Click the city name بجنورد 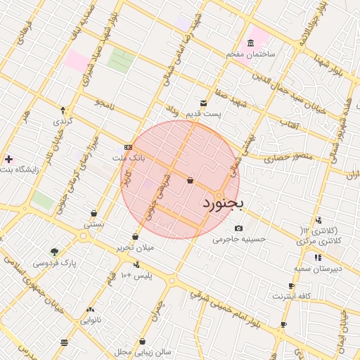point(222,205)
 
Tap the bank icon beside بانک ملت point(127,147)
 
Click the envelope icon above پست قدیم point(204,103)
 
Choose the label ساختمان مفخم point(252,54)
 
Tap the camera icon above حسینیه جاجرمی point(239,228)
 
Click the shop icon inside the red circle point(190,181)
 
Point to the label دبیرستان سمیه point(318,269)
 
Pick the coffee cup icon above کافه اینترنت point(291,286)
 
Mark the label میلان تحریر point(135,248)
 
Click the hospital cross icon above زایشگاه point(8,160)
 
